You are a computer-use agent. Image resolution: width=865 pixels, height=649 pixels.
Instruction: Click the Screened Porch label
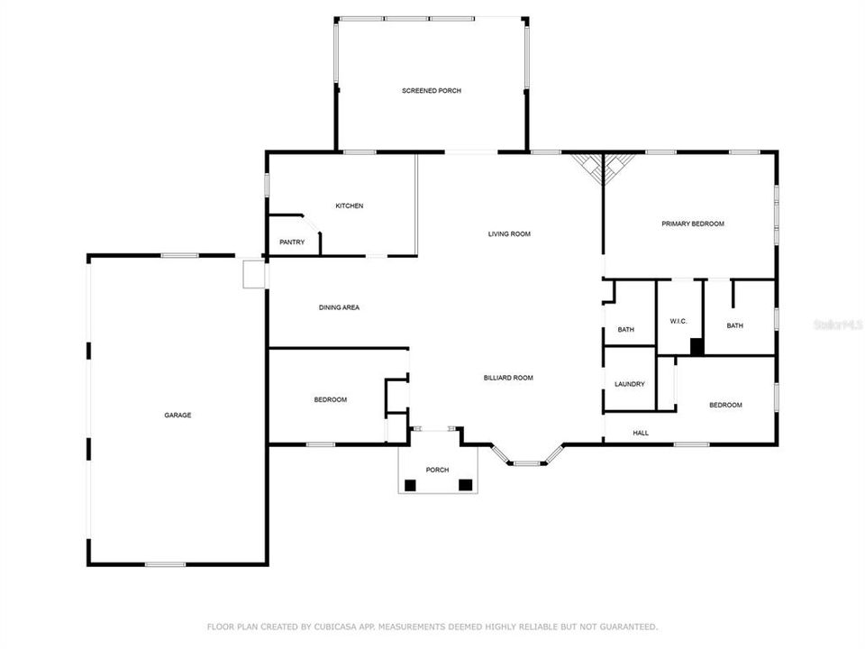click(432, 90)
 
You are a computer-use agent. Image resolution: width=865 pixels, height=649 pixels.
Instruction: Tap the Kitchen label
click(350, 206)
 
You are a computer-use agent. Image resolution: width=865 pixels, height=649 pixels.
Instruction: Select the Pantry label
click(292, 242)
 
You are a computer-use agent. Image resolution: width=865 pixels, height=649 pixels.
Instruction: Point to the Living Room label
click(509, 234)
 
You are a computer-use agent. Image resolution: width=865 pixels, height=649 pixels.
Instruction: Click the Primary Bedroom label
click(693, 224)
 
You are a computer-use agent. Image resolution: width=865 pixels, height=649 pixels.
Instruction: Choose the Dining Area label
click(339, 307)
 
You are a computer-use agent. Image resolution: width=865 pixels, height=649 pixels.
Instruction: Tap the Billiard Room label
click(508, 378)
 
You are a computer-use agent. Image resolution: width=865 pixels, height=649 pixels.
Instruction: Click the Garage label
click(178, 415)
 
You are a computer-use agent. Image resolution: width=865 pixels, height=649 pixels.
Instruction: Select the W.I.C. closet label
click(678, 321)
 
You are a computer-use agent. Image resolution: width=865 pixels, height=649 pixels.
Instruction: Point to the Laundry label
click(630, 384)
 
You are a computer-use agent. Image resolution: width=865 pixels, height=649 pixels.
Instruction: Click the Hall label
click(641, 434)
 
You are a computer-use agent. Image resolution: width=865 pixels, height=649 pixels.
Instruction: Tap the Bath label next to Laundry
click(625, 330)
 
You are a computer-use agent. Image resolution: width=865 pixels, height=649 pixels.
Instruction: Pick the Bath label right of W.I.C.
click(735, 325)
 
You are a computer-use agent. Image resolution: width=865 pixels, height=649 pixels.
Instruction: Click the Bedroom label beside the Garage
click(331, 399)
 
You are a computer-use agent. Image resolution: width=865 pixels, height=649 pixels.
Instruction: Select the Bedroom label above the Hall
click(725, 405)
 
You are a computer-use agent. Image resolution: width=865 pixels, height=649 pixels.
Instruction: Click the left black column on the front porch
click(410, 485)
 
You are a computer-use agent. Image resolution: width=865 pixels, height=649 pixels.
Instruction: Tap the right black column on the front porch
click(466, 485)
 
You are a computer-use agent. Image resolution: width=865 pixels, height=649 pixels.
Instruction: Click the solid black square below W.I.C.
click(697, 346)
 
